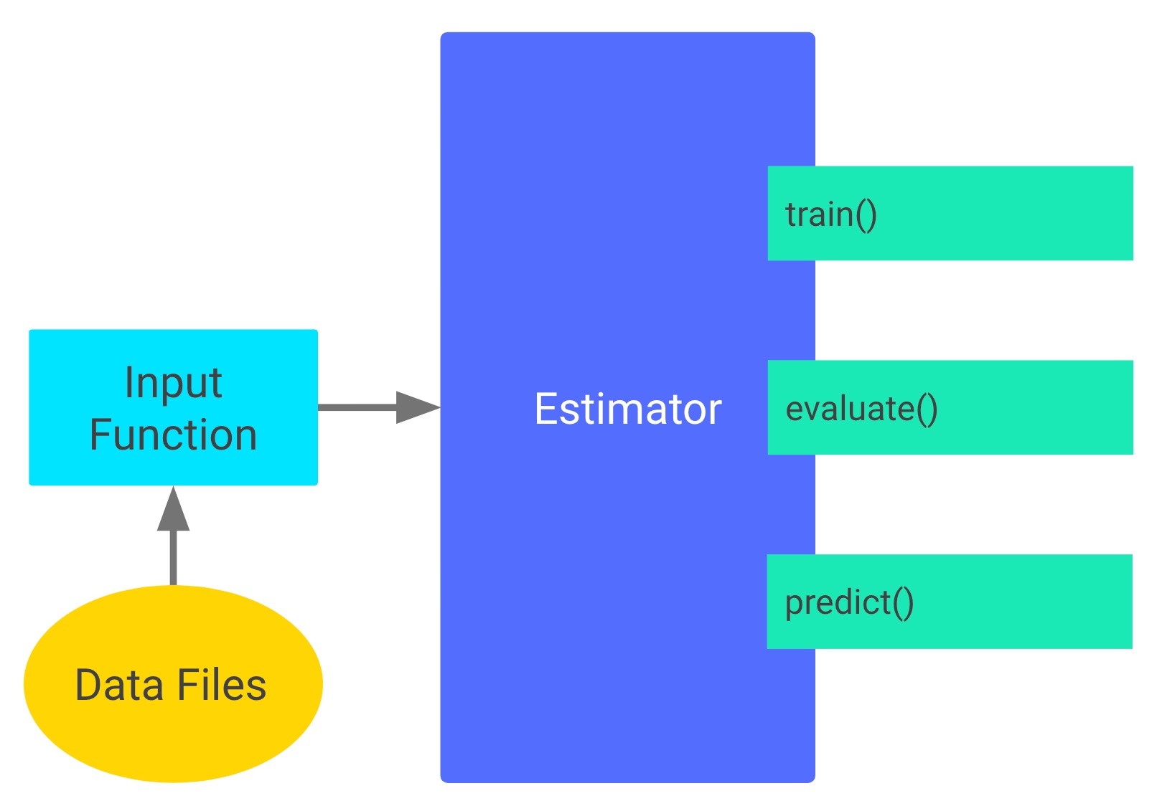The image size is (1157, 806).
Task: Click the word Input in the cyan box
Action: coord(173,383)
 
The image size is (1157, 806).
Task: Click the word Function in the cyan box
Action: coord(173,435)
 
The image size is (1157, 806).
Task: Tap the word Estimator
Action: coord(627,409)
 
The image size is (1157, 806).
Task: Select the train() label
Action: coord(830,214)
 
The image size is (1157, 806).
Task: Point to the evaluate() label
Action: coord(861,409)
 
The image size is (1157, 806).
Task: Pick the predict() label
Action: coord(848,602)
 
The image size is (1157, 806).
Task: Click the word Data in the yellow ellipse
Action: coord(118,685)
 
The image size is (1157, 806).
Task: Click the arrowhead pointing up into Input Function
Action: coord(173,510)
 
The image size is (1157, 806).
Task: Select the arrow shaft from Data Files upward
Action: coord(173,558)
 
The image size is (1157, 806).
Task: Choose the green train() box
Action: coord(1005,214)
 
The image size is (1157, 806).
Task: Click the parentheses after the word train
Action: coord(866,214)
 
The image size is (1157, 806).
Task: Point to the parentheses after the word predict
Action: coord(903,602)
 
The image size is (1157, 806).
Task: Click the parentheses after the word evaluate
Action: coord(927,409)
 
